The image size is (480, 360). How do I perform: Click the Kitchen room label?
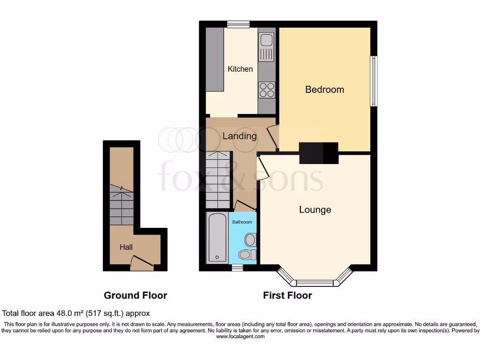point(240,69)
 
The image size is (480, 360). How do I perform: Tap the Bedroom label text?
point(324,89)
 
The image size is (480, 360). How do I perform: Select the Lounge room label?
point(315,210)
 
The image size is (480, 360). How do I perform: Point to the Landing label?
point(240,136)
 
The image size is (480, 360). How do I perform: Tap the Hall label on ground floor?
point(126,247)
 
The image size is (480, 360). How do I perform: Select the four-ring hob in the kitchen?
point(266,90)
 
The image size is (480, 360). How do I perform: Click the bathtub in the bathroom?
point(217,238)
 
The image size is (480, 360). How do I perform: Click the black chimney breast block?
point(319,153)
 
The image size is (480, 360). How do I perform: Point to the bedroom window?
point(374,81)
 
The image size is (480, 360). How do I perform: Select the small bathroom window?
point(237,268)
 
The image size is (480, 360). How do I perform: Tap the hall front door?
point(142,263)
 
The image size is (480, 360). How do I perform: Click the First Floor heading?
point(287,295)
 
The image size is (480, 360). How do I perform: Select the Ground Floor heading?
point(135,295)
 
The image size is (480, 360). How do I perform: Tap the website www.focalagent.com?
point(240,337)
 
